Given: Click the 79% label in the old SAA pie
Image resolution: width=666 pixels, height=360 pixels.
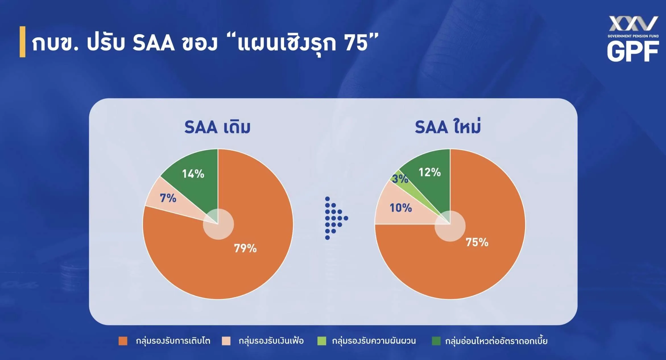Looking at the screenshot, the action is click(x=245, y=248).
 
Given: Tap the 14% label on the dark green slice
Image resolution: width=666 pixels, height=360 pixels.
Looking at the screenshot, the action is click(x=193, y=174).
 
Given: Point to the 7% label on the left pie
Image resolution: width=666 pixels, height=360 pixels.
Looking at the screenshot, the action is click(x=168, y=198).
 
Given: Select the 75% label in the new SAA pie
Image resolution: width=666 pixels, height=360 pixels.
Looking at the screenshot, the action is click(x=477, y=242).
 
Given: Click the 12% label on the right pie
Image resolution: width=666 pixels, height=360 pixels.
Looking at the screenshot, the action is click(x=430, y=172).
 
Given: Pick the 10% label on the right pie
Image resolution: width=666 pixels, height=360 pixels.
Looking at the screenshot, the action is click(x=401, y=208).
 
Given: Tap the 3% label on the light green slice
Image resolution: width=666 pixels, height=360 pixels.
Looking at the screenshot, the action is click(x=400, y=179).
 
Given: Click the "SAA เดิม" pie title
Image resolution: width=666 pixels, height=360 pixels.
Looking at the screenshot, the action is click(x=218, y=127).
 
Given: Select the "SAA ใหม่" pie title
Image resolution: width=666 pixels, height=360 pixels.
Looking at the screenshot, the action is click(x=448, y=126).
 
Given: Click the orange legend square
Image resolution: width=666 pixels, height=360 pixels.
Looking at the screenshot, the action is click(x=123, y=341).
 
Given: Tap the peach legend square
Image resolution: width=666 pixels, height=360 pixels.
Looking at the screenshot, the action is click(x=226, y=341).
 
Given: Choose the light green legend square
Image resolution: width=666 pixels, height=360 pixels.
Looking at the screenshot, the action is click(x=322, y=341).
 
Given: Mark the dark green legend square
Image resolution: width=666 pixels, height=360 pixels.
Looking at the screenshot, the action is click(x=436, y=341).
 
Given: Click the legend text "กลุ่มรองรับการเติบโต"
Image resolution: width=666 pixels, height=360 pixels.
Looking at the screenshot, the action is click(x=173, y=341).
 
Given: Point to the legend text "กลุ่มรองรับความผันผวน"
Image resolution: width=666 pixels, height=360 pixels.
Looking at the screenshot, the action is click(x=374, y=341).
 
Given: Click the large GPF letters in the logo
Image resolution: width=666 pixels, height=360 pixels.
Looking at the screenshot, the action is click(x=633, y=51).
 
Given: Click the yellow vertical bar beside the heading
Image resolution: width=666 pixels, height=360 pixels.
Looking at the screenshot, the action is click(x=22, y=42).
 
